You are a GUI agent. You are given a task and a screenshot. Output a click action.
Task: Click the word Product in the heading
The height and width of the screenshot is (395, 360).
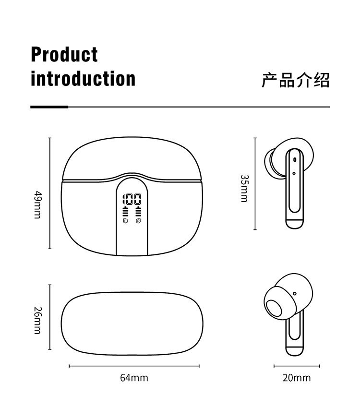click(64, 55)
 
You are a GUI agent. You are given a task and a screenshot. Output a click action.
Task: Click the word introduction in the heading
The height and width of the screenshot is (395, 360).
click(83, 79)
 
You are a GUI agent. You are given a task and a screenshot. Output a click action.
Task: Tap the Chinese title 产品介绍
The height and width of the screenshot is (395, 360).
click(296, 80)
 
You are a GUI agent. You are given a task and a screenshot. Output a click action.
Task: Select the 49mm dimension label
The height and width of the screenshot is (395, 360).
click(38, 205)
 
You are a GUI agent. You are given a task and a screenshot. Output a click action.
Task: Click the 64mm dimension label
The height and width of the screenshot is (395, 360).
click(134, 378)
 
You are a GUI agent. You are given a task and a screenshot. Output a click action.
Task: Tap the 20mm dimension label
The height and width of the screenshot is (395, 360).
click(296, 378)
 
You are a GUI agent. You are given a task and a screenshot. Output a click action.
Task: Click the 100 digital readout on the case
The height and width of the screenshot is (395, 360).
click(132, 200)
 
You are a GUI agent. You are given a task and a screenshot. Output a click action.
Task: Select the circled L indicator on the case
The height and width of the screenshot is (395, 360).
click(125, 221)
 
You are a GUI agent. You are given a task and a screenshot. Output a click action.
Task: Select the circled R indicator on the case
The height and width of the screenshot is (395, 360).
click(138, 221)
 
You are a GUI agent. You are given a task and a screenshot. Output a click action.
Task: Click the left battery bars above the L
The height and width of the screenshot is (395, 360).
click(125, 212)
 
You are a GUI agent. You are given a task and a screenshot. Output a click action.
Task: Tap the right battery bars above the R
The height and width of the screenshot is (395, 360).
click(138, 212)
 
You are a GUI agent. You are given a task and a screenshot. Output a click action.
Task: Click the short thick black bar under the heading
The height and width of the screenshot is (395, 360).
click(49, 107)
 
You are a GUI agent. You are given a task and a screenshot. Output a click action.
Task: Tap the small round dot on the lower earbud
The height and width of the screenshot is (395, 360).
click(294, 294)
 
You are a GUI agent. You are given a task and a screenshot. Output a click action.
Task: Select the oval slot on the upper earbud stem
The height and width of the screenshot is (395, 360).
click(294, 160)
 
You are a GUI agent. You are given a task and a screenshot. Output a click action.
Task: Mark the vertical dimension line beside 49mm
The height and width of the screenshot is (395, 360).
click(50, 193)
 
